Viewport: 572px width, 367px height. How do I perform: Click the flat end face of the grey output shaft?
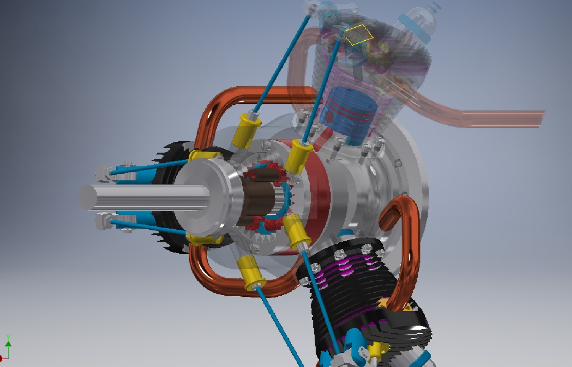tap(88, 197)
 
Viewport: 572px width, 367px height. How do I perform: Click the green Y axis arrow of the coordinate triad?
tap(8, 342)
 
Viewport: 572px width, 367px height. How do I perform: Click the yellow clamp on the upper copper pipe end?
tap(204, 156)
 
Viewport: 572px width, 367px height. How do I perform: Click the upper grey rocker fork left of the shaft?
tap(104, 173)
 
